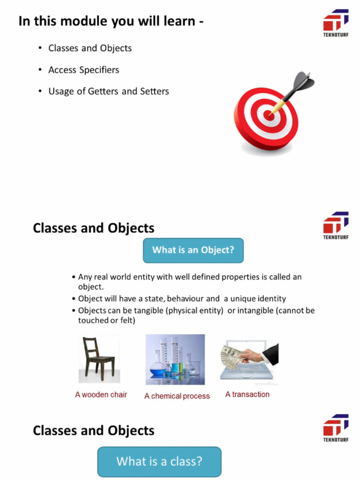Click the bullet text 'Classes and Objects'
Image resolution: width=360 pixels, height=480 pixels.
pyautogui.click(x=90, y=48)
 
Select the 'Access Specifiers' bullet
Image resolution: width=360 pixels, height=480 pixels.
pyautogui.click(x=83, y=70)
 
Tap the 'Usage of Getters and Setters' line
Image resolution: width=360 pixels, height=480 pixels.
pyautogui.click(x=108, y=91)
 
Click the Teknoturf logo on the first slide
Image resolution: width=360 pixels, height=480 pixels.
pyautogui.click(x=336, y=22)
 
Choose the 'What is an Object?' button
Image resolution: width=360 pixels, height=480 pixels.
pyautogui.click(x=193, y=250)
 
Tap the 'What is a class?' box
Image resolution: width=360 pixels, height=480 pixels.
pyautogui.click(x=159, y=461)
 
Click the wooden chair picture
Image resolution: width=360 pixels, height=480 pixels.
pyautogui.click(x=99, y=359)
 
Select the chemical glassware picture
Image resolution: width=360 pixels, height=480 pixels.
pyautogui.click(x=175, y=359)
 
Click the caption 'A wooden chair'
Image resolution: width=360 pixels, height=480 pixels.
pyautogui.click(x=101, y=395)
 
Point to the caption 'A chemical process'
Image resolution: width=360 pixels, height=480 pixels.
pyautogui.click(x=177, y=396)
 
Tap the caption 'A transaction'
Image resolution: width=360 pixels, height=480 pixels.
pyautogui.click(x=247, y=394)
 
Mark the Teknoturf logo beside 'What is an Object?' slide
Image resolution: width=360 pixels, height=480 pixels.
pyautogui.click(x=336, y=225)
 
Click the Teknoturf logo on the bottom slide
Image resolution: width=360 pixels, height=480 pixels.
pyautogui.click(x=336, y=427)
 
